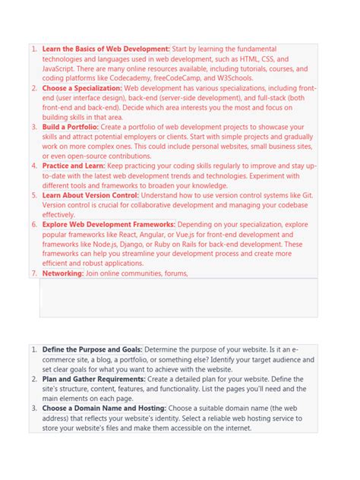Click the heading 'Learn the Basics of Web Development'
[x=106, y=49]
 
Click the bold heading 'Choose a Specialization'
[x=81, y=88]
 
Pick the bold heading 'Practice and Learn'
[x=74, y=166]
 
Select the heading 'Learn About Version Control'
[x=90, y=195]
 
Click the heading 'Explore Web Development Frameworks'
[x=109, y=224]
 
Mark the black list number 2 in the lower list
[x=33, y=378]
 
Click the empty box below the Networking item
[x=178, y=298]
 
